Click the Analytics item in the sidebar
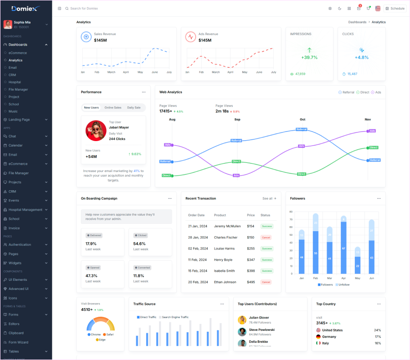15,60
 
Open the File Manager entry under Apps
18,173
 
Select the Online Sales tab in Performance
113,108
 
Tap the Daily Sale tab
134,108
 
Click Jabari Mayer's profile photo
96,131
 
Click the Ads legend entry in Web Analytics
376,92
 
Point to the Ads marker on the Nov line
372,131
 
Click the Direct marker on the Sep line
236,162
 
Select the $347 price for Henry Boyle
251,260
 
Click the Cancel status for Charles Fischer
266,238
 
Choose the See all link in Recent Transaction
269,198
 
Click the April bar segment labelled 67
343,248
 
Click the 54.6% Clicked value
139,244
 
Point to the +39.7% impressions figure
309,57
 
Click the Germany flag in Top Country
318,337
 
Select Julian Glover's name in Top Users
259,318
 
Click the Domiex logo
26,8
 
